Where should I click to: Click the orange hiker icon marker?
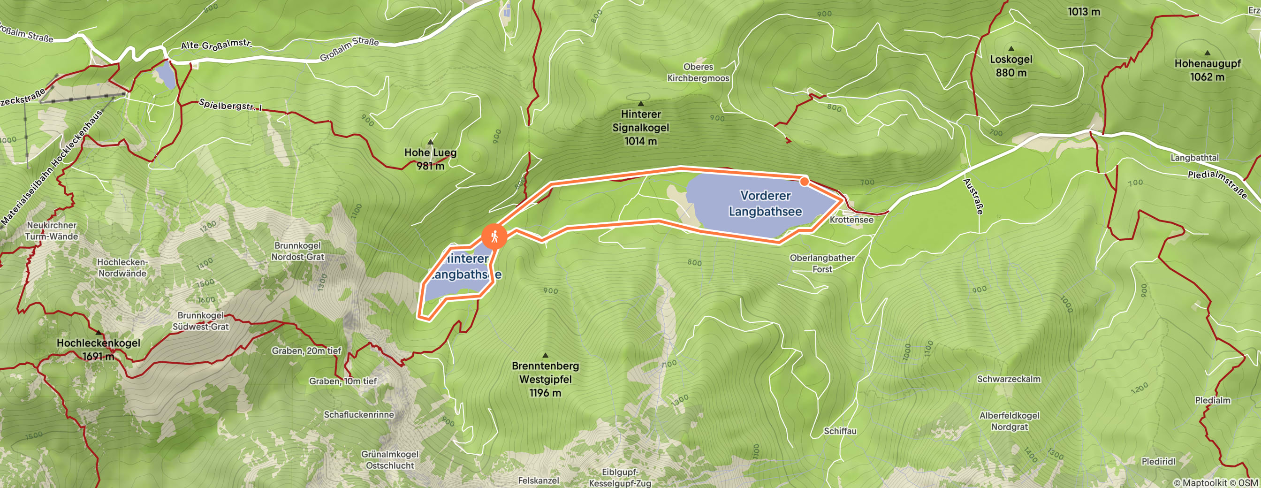pyautogui.click(x=494, y=236)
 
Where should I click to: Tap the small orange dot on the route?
pyautogui.click(x=804, y=182)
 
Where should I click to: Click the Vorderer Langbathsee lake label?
pyautogui.click(x=765, y=204)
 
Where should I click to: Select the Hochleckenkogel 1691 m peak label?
pyautogui.click(x=98, y=350)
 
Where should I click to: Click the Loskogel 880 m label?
pyautogui.click(x=1011, y=66)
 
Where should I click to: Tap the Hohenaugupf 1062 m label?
pyautogui.click(x=1207, y=69)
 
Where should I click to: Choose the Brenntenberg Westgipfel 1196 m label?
pyautogui.click(x=545, y=379)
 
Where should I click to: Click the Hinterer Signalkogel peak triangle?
pyautogui.click(x=640, y=103)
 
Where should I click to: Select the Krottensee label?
pyautogui.click(x=851, y=220)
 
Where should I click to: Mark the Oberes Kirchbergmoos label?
pyautogui.click(x=698, y=72)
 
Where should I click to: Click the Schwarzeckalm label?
pyautogui.click(x=1009, y=379)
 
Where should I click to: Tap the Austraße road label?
pyautogui.click(x=973, y=196)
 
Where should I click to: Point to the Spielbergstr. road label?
pyautogui.click(x=229, y=105)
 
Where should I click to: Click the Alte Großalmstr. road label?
pyautogui.click(x=216, y=45)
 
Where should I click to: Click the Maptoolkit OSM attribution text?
pyautogui.click(x=1216, y=483)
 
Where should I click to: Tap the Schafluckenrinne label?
pyautogui.click(x=358, y=415)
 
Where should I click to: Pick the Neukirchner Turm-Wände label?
pyautogui.click(x=52, y=230)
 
